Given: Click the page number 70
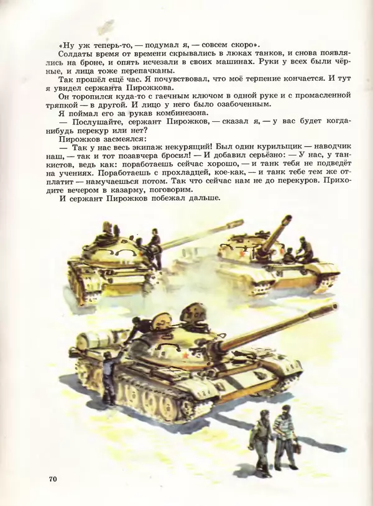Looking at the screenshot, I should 52,479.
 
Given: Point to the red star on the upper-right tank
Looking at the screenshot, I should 237,251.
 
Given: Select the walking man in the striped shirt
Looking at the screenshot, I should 285,435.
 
